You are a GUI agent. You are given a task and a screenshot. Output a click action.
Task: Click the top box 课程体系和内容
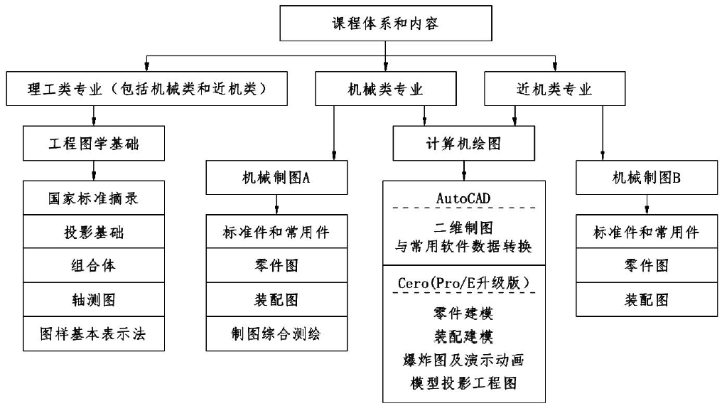pyautogui.click(x=385, y=23)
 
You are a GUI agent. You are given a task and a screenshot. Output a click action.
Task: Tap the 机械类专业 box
pyautogui.click(x=385, y=90)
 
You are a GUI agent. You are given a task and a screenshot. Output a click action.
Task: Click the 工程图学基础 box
pyautogui.click(x=94, y=144)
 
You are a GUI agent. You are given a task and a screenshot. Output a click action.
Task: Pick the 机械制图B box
pyautogui.click(x=646, y=178)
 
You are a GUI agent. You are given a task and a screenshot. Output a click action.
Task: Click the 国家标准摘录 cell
pyautogui.click(x=94, y=198)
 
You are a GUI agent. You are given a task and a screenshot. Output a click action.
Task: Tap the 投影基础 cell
pyautogui.click(x=94, y=233)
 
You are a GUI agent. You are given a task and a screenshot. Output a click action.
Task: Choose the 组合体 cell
pyautogui.click(x=94, y=266)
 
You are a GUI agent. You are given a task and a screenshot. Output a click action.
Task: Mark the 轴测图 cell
pyautogui.click(x=94, y=299)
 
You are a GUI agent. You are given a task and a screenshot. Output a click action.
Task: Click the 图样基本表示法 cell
pyautogui.click(x=94, y=333)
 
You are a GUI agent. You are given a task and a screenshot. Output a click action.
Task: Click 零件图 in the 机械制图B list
pyautogui.click(x=646, y=266)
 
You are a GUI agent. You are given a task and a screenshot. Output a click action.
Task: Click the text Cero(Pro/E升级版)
pyautogui.click(x=464, y=282)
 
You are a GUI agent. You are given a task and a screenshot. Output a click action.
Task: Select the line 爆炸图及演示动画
pyautogui.click(x=464, y=359)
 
